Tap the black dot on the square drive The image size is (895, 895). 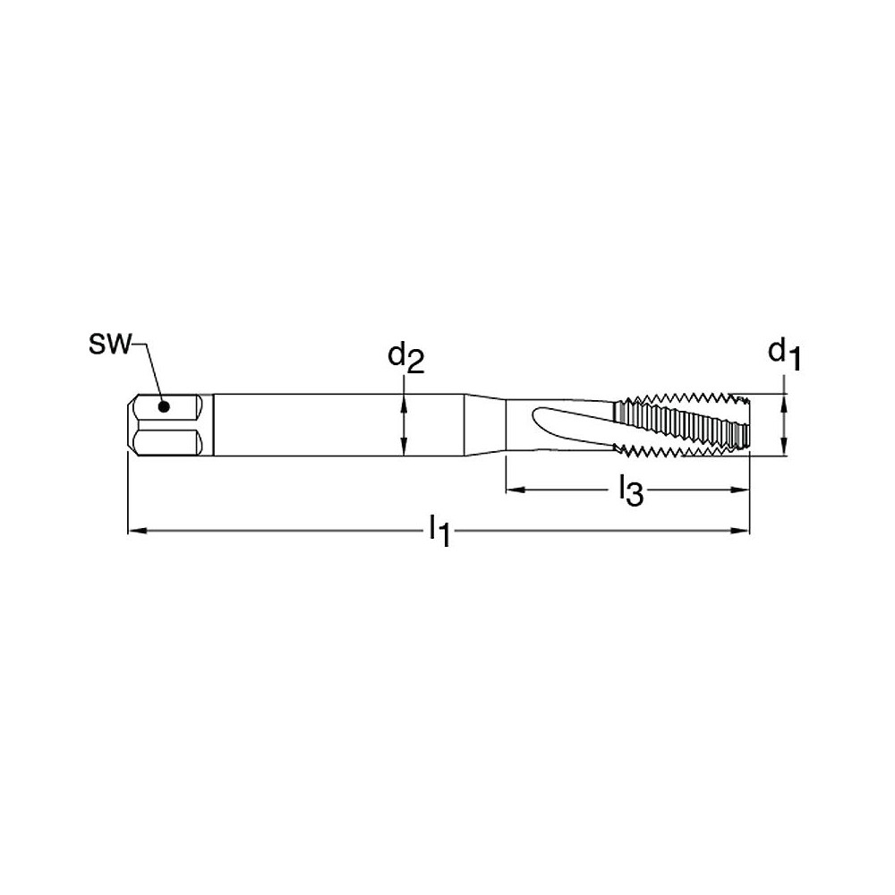click(163, 407)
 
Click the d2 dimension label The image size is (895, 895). click(405, 358)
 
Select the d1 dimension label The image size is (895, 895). click(785, 354)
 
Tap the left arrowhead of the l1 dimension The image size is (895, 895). click(136, 531)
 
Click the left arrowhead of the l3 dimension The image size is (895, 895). click(514, 490)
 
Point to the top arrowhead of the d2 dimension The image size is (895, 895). click(405, 400)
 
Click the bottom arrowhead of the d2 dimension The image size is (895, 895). click(405, 450)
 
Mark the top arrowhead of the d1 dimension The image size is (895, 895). click(785, 400)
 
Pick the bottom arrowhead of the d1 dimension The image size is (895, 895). click(785, 450)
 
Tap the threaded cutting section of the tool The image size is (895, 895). click(680, 425)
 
